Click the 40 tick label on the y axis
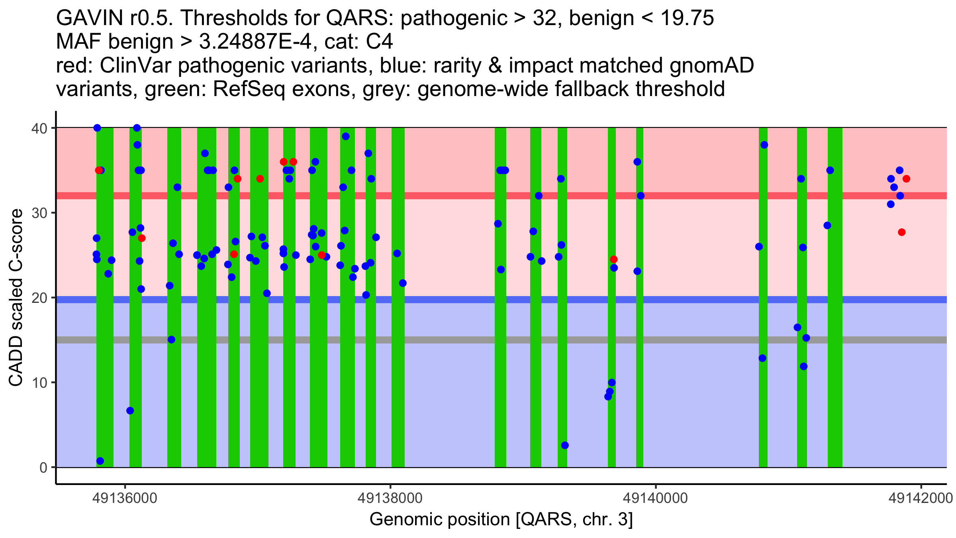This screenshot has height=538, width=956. [x=39, y=128]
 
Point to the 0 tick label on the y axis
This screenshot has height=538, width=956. [x=43, y=467]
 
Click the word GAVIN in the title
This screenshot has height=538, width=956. [x=83, y=18]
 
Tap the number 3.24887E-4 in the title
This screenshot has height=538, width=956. [x=255, y=42]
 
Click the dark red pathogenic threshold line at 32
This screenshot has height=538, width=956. [x=438, y=196]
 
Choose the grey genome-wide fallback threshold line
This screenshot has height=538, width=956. [x=438, y=340]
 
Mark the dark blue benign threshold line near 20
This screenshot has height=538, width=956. [x=438, y=300]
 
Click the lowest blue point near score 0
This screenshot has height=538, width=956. [x=100, y=461]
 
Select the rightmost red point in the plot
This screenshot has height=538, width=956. [x=906, y=179]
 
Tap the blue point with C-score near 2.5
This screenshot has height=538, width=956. [x=565, y=445]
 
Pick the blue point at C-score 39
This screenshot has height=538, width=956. [x=346, y=137]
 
